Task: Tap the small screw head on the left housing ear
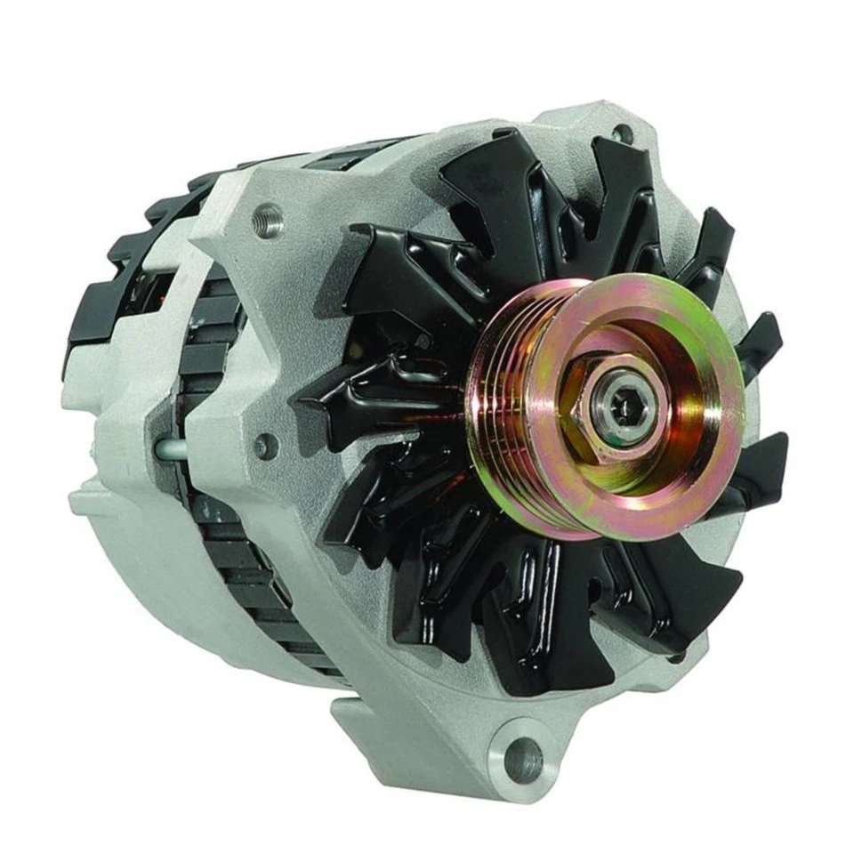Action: point(265,445)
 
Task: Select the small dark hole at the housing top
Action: point(623,133)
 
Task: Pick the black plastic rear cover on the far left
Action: point(89,311)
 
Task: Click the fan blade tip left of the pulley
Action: point(320,400)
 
